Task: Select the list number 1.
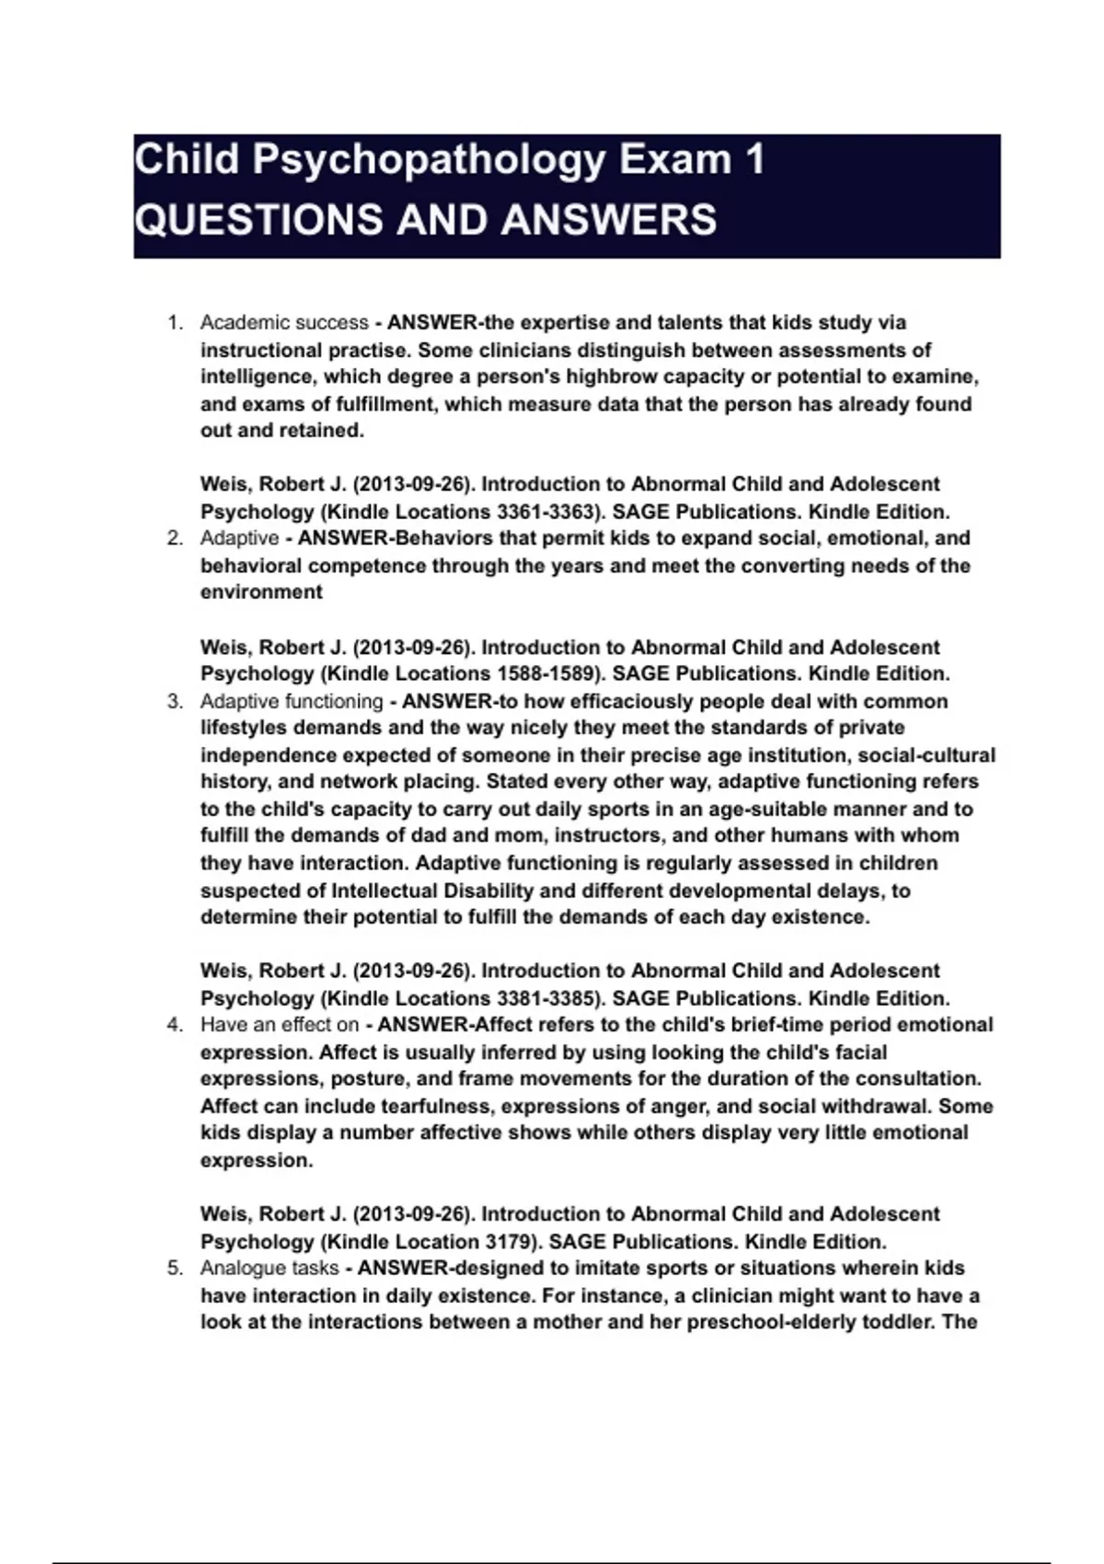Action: (174, 323)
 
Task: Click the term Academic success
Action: (284, 323)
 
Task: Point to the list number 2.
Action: (174, 538)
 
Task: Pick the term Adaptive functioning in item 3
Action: (292, 701)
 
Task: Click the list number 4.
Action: (174, 1025)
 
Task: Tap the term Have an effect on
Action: (280, 1025)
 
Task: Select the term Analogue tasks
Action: (270, 1268)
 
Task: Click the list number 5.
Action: (174, 1268)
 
